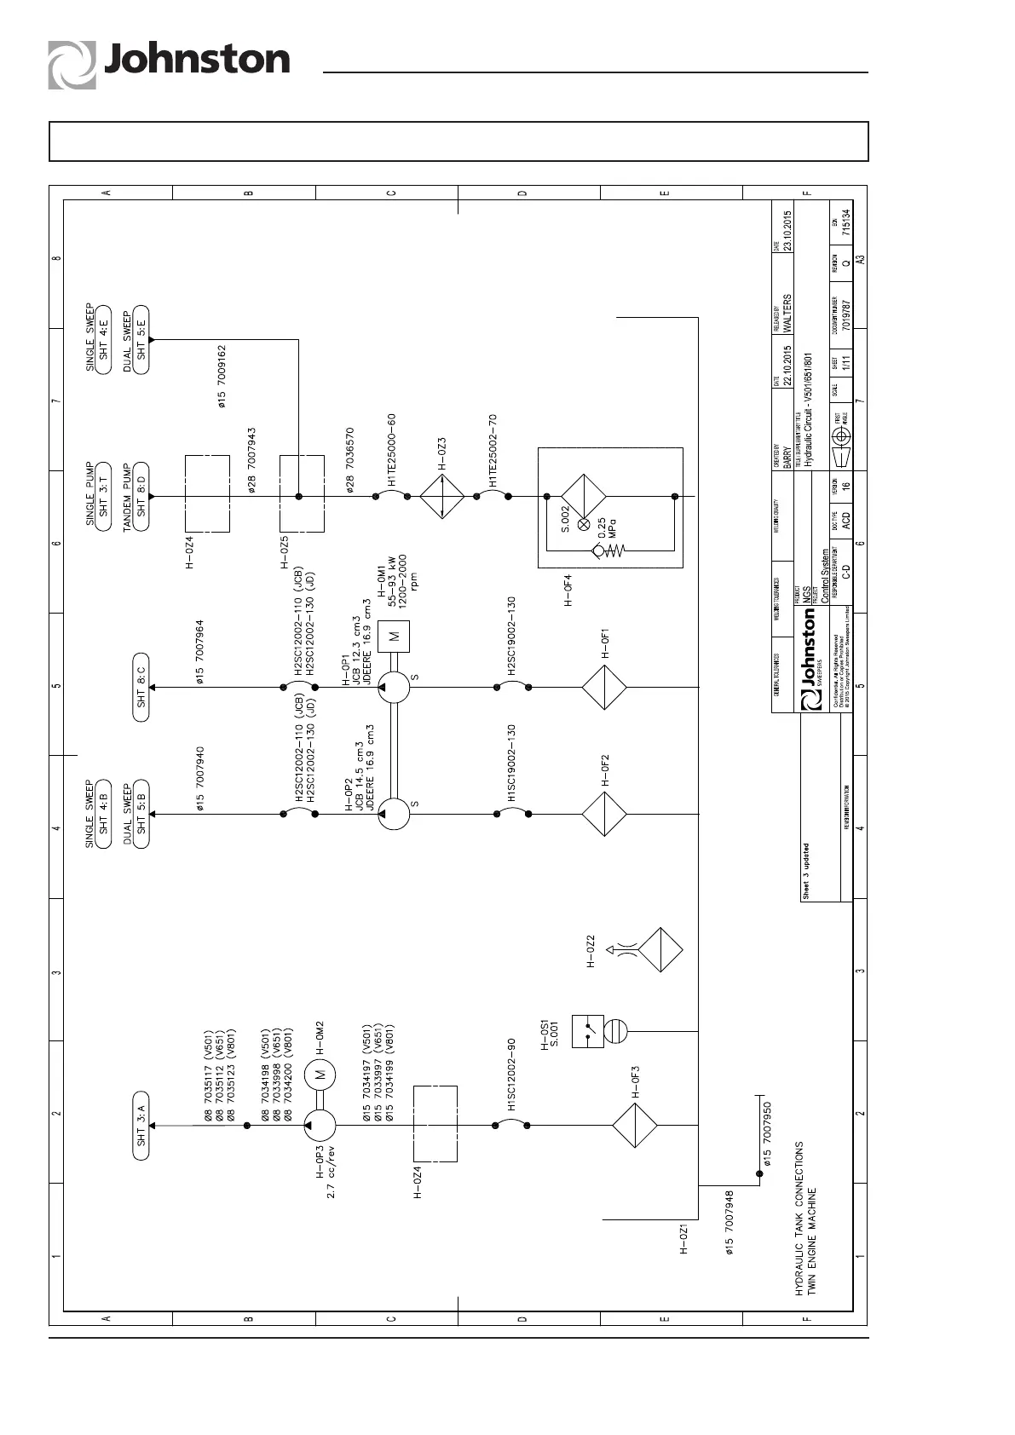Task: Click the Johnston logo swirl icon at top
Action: tap(72, 65)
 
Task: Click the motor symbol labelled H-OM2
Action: tap(321, 1075)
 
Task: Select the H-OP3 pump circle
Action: tap(320, 1125)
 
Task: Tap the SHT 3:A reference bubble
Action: tap(141, 1125)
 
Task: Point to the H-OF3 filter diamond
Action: tap(634, 1125)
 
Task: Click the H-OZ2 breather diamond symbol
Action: tap(660, 949)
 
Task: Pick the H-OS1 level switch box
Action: tap(587, 1030)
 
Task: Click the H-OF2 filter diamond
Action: tap(604, 813)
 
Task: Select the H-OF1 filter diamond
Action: tap(604, 686)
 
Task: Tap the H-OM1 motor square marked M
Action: tap(394, 636)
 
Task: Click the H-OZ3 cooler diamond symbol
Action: tap(441, 496)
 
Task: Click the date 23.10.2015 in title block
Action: tap(788, 230)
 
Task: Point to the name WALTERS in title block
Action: tap(788, 313)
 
